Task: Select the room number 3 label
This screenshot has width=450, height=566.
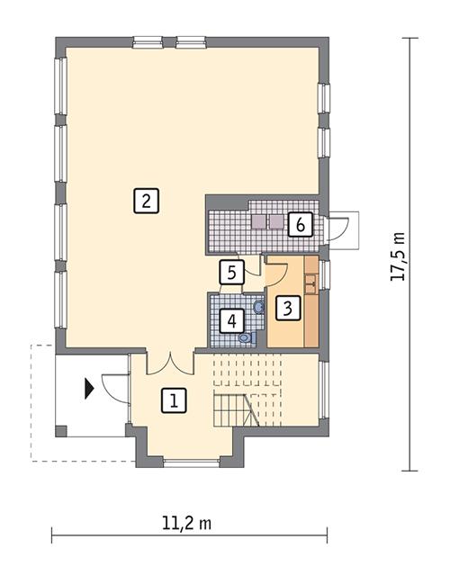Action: [x=286, y=309]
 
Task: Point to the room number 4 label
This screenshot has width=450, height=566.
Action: [x=232, y=319]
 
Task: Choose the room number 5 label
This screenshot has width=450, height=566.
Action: [x=231, y=271]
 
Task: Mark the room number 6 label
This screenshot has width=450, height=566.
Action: [x=300, y=224]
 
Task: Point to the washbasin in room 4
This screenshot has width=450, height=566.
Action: [x=259, y=307]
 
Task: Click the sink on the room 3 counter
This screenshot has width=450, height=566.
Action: [x=310, y=284]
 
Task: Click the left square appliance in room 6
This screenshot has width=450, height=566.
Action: [x=258, y=220]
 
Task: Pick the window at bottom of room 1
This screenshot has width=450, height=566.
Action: [x=190, y=463]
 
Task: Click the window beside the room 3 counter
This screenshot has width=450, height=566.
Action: [x=325, y=274]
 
